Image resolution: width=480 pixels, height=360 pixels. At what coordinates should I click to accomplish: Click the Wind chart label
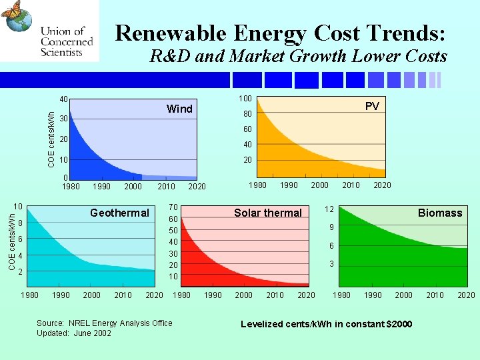pos(179,109)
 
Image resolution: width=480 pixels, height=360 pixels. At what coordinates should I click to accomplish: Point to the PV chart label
pos(372,106)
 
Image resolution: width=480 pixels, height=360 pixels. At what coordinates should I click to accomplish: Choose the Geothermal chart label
pos(119,213)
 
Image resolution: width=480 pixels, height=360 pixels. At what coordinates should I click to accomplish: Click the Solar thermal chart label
pos(268,213)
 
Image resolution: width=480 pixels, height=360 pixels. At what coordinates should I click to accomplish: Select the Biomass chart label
pos(439,213)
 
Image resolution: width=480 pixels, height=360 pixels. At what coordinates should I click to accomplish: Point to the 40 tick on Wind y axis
pos(64,100)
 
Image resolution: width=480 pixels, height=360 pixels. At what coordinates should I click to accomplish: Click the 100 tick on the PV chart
pos(245,99)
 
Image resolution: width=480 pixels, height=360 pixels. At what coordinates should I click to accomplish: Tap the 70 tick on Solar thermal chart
pos(173,207)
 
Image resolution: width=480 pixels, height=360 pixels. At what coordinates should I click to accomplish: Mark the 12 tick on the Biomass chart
pos(329,209)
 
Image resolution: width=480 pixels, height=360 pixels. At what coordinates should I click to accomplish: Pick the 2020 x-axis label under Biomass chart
pos(466,295)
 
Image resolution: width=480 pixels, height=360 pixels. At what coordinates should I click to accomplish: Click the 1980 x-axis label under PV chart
pos(257,185)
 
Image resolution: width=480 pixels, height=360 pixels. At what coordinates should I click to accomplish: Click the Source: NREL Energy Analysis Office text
pos(104,323)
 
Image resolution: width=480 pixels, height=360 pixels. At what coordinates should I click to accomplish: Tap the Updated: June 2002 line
pos(74,333)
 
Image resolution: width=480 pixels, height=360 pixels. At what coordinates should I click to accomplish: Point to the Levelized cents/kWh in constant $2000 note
pos(326,324)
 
